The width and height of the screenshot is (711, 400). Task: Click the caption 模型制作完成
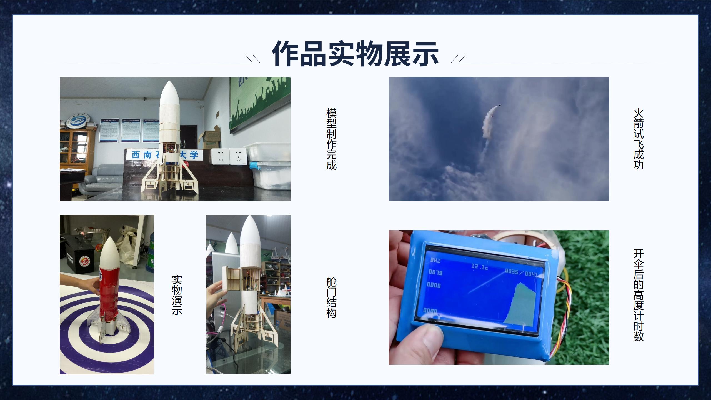[331, 139]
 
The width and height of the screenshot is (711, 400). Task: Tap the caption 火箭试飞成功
[638, 139]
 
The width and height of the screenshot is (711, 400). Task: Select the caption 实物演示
[177, 295]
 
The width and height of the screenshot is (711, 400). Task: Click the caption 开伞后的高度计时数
[638, 295]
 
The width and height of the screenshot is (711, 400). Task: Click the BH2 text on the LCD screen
[435, 261]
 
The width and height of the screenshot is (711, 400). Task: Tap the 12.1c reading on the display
[479, 267]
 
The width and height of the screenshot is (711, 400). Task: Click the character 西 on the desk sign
[136, 155]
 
